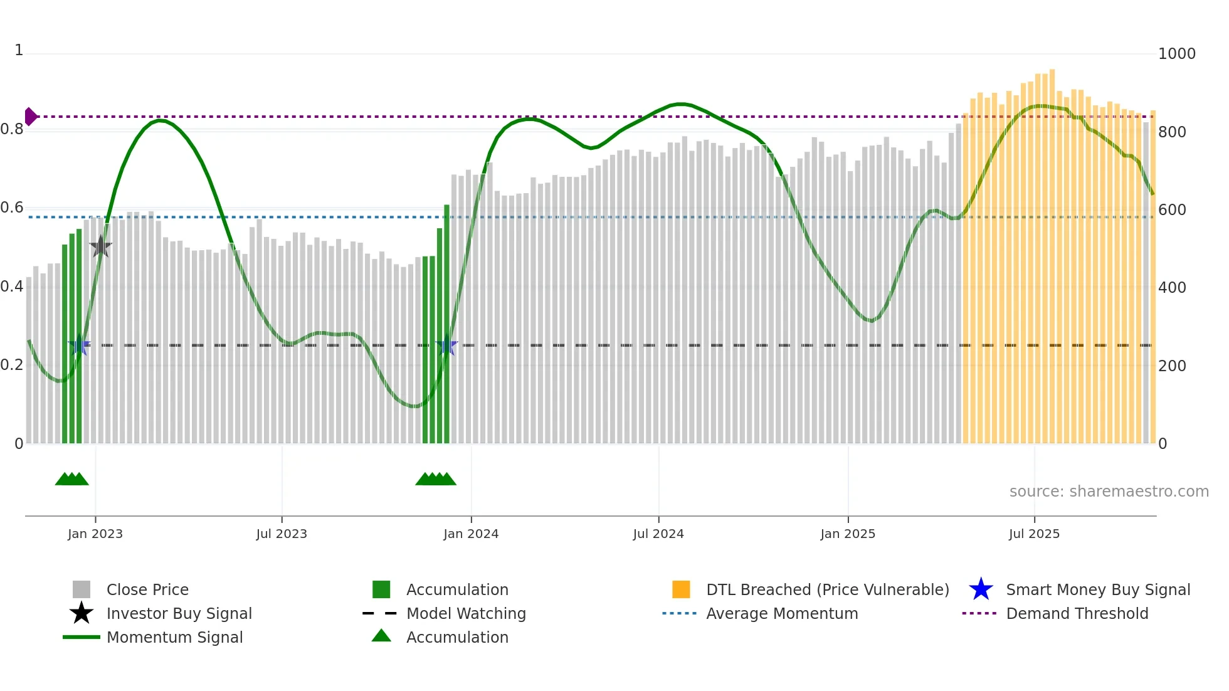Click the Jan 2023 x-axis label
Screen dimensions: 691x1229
point(95,534)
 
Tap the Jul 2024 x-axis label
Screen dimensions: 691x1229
point(658,534)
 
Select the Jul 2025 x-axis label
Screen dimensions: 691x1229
point(1034,534)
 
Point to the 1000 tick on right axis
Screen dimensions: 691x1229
point(1176,54)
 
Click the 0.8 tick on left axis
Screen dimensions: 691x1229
point(13,130)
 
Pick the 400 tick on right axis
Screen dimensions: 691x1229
point(1172,288)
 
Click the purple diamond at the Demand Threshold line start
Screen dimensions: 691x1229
point(30,117)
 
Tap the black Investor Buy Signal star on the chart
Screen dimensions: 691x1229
point(100,247)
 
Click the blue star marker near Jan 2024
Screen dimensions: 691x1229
point(446,345)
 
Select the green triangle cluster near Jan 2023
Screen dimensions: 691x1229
point(72,479)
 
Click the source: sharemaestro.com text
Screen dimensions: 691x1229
point(1109,492)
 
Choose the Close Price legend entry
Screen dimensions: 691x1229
point(147,589)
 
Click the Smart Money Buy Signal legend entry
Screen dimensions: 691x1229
point(1097,589)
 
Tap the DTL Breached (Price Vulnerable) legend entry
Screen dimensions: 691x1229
point(827,589)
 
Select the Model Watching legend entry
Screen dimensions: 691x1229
point(466,613)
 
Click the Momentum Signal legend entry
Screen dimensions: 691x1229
point(174,637)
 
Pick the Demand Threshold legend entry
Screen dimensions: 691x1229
point(1077,613)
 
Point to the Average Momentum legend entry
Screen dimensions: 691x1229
point(782,613)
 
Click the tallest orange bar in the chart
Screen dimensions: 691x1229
point(1052,251)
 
